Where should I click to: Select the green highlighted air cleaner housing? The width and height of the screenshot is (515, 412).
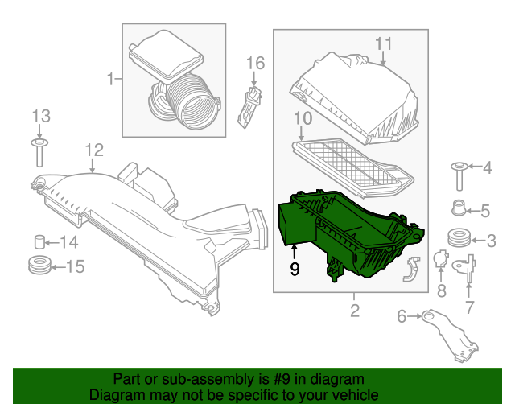pos(346,233)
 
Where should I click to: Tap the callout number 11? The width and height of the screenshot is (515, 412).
pos(383,43)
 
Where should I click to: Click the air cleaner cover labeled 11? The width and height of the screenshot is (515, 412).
pos(357,97)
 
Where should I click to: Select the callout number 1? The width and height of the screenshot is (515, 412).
pos(111,78)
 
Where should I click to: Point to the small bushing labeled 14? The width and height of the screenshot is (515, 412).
pos(38,241)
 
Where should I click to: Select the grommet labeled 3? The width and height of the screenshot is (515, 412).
pos(459,240)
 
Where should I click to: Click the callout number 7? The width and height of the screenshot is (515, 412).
pos(470,306)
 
